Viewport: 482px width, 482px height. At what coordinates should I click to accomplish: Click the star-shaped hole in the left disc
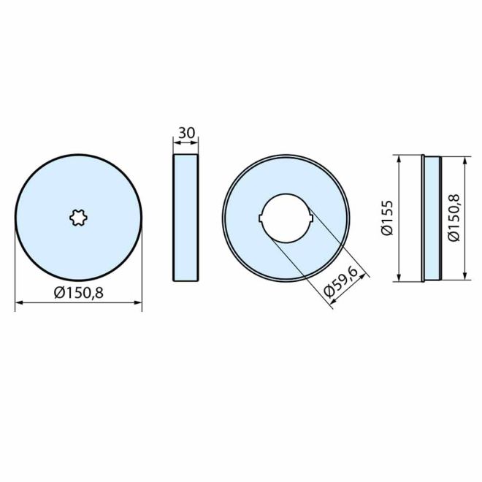tap(78, 217)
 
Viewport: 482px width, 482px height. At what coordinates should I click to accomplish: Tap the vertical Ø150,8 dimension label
tap(453, 217)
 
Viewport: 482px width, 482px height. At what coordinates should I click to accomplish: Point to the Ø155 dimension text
tap(387, 217)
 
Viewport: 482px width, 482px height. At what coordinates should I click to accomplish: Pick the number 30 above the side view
tap(186, 133)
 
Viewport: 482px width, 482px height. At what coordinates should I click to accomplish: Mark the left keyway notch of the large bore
tap(261, 217)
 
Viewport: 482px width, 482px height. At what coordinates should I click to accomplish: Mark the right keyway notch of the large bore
tap(312, 217)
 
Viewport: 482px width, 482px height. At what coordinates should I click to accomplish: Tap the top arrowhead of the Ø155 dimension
tap(399, 158)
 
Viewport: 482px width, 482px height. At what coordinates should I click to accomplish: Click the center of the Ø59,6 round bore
tap(286, 217)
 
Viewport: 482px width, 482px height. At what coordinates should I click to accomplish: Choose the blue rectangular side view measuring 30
tap(186, 217)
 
